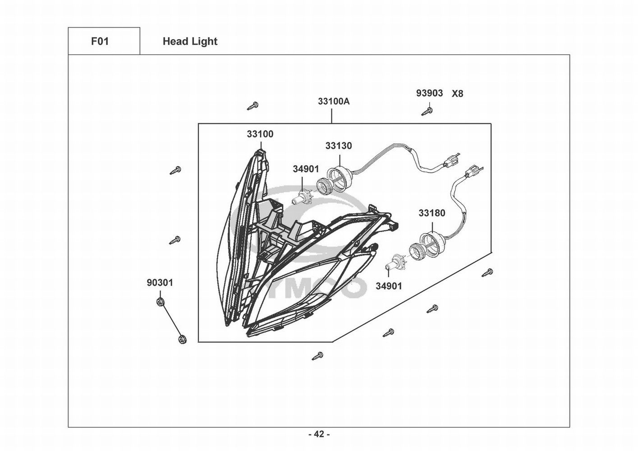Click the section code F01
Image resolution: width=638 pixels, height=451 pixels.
(100, 41)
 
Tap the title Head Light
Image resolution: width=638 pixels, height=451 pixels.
(190, 41)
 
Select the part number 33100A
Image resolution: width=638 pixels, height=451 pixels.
(334, 101)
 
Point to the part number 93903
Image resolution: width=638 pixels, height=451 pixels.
(429, 93)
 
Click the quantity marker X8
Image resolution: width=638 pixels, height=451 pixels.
(457, 94)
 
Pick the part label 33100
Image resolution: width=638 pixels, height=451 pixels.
(260, 134)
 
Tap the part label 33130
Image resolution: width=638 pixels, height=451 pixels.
(339, 146)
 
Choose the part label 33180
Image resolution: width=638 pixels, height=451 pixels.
(431, 213)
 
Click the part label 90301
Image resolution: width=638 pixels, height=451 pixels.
(160, 283)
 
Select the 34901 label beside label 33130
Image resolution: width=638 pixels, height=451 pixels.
(306, 169)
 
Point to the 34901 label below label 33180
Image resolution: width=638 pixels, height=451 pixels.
(388, 286)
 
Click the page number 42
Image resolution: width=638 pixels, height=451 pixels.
(319, 434)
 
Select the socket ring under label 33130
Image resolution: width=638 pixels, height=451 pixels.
(339, 174)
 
